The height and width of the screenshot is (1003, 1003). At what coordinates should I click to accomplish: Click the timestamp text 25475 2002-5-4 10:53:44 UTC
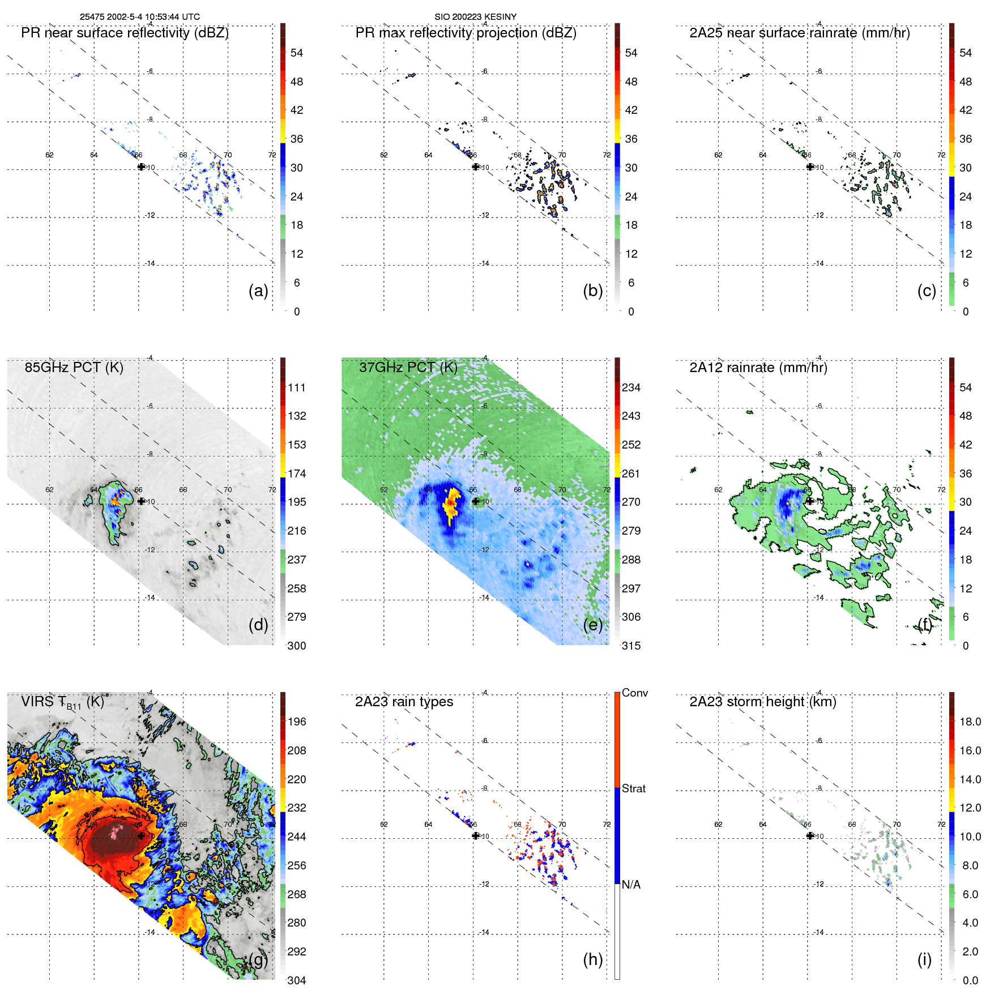point(139,17)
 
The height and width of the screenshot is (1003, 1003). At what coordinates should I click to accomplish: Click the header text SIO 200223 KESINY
point(475,17)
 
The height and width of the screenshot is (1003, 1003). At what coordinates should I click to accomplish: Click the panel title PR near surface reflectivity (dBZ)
point(125,33)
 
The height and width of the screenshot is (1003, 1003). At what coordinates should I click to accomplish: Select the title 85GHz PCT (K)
point(74,368)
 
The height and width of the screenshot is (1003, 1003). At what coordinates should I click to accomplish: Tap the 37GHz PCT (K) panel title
point(408,368)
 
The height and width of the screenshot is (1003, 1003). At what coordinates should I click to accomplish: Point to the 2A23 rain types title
point(404,702)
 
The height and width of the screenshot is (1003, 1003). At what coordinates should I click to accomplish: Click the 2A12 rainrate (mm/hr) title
point(758,368)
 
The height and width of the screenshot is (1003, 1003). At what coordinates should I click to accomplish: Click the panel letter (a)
point(258,291)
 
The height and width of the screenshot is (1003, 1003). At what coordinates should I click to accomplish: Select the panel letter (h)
point(592,959)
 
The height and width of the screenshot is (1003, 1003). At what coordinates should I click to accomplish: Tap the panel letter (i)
point(924,959)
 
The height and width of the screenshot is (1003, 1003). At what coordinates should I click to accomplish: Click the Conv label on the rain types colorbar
point(634,693)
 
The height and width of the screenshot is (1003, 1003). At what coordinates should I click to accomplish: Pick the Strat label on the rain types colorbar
point(633,789)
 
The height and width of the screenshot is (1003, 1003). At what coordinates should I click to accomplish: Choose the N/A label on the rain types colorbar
point(631,885)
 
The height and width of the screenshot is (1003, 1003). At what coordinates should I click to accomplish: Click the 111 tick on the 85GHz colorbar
point(297,388)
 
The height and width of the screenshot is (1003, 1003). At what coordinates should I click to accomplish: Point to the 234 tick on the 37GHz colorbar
point(631,388)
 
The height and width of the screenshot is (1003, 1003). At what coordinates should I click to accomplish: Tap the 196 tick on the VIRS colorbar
point(297,722)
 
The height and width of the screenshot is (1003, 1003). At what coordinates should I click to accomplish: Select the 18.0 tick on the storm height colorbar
point(970,722)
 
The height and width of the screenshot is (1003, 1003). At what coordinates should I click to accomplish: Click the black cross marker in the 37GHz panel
point(475,501)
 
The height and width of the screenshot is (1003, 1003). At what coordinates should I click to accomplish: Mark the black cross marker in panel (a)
point(141,167)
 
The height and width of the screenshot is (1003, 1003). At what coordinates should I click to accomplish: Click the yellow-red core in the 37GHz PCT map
point(451,503)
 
